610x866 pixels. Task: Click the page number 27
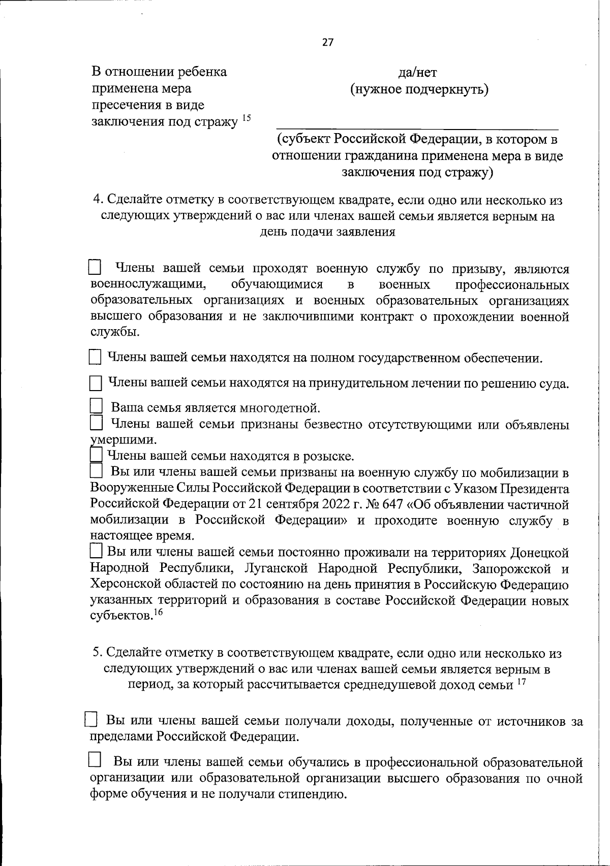pyautogui.click(x=328, y=43)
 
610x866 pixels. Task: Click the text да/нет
pyautogui.click(x=418, y=73)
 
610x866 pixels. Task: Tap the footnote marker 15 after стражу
pyautogui.click(x=246, y=118)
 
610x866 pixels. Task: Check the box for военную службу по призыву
pyautogui.click(x=95, y=268)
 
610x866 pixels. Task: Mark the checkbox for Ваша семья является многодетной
pyautogui.click(x=95, y=406)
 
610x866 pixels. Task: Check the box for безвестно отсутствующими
pyautogui.click(x=95, y=423)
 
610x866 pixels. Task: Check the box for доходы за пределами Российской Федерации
pyautogui.click(x=91, y=720)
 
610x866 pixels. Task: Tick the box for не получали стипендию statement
pyautogui.click(x=95, y=760)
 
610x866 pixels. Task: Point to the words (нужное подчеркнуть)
pyautogui.click(x=419, y=90)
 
